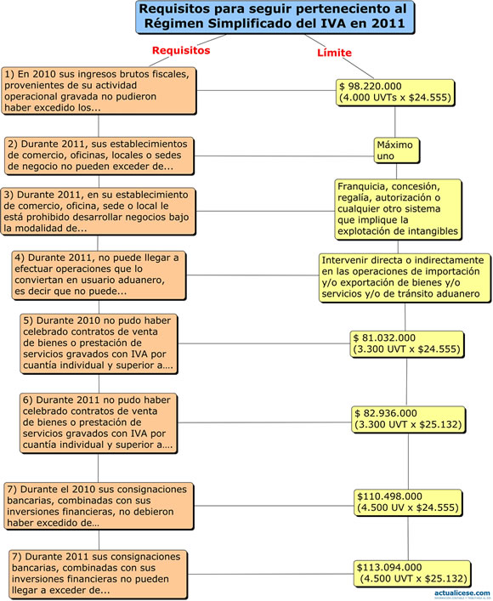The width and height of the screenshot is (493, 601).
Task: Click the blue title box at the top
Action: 275,17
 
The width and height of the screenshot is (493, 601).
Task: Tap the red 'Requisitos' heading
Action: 181,50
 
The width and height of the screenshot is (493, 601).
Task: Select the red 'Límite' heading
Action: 334,53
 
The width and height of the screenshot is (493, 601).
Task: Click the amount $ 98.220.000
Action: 371,86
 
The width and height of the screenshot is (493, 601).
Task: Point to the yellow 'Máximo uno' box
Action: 396,150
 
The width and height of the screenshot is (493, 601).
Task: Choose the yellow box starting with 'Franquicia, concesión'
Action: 398,209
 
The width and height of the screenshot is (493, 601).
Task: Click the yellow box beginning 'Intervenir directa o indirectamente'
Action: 405,277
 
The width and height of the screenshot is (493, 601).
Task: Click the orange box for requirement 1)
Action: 99,91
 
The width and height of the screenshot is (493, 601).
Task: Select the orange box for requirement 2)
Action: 99,156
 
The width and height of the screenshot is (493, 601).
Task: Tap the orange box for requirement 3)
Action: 98,211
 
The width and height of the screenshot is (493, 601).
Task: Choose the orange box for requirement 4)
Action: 99,275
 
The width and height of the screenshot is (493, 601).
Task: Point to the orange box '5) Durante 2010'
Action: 99,343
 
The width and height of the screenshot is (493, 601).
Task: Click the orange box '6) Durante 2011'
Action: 99,422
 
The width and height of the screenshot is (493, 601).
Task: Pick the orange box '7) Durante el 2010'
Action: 99,506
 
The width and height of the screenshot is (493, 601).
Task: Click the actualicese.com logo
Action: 462,594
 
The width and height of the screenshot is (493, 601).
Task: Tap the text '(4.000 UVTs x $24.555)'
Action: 395,98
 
